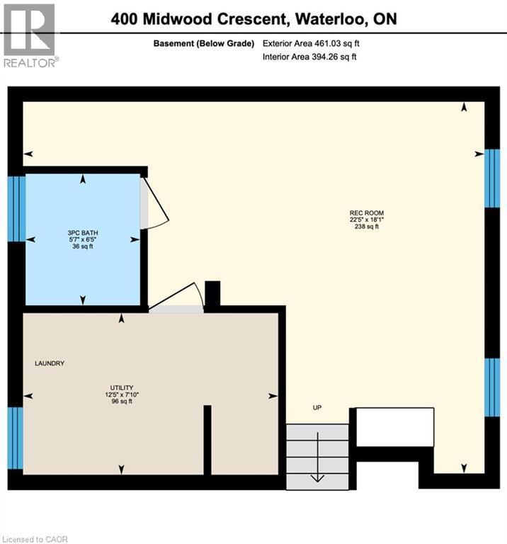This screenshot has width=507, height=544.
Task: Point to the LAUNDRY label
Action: coord(50,363)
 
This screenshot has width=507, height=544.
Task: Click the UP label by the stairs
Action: coord(317,408)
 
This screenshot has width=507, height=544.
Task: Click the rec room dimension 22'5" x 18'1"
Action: coord(367,219)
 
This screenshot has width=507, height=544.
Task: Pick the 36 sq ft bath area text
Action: coord(83,246)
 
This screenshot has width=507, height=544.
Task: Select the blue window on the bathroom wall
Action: coord(16,209)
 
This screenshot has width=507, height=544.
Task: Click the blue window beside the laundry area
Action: coord(16,438)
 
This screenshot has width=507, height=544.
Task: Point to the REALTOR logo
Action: coord(29,35)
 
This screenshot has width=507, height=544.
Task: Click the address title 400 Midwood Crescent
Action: coord(253,18)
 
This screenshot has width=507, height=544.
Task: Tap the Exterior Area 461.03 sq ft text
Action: coord(316,44)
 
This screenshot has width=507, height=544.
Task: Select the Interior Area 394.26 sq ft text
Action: coord(309,57)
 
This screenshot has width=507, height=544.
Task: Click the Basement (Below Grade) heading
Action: coord(204,44)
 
